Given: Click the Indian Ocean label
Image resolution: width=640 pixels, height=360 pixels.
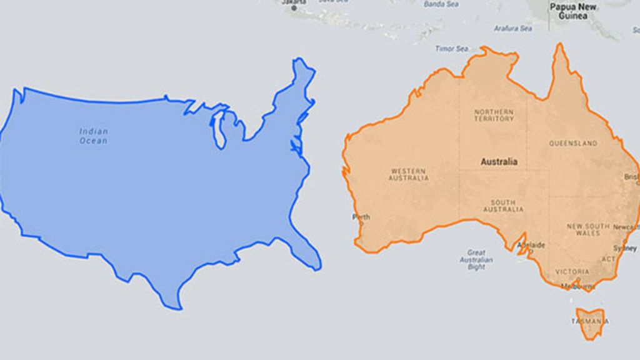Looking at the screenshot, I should click(93, 136).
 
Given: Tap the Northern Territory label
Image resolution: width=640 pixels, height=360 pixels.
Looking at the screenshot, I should click(494, 114).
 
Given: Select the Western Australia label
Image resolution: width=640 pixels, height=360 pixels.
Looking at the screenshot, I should click(409, 174).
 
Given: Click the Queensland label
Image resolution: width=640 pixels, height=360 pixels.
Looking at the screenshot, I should click(573, 143).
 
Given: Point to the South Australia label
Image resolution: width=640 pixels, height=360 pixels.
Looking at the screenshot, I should click(503, 206).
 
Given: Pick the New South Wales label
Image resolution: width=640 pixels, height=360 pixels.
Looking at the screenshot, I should click(583, 229).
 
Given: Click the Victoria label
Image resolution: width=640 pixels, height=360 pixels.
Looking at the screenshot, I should click(571, 272).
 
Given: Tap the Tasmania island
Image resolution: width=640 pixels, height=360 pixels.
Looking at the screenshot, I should click(590, 321).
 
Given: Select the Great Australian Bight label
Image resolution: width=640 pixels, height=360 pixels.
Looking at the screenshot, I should click(476, 259).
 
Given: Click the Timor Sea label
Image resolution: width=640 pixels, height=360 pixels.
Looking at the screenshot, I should click(452, 48).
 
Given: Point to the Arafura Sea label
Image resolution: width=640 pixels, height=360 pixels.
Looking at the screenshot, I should click(512, 28).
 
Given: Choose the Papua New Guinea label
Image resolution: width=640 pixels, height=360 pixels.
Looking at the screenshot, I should click(573, 11).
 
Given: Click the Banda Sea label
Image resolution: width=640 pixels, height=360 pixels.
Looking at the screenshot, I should click(441, 4).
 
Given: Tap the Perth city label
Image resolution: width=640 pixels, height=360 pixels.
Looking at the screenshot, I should click(361, 217).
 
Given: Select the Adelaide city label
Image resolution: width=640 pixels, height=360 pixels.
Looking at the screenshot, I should click(532, 245).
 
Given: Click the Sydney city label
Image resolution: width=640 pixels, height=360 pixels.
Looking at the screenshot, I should click(625, 248).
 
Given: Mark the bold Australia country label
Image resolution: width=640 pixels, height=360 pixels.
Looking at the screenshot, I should click(499, 162).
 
